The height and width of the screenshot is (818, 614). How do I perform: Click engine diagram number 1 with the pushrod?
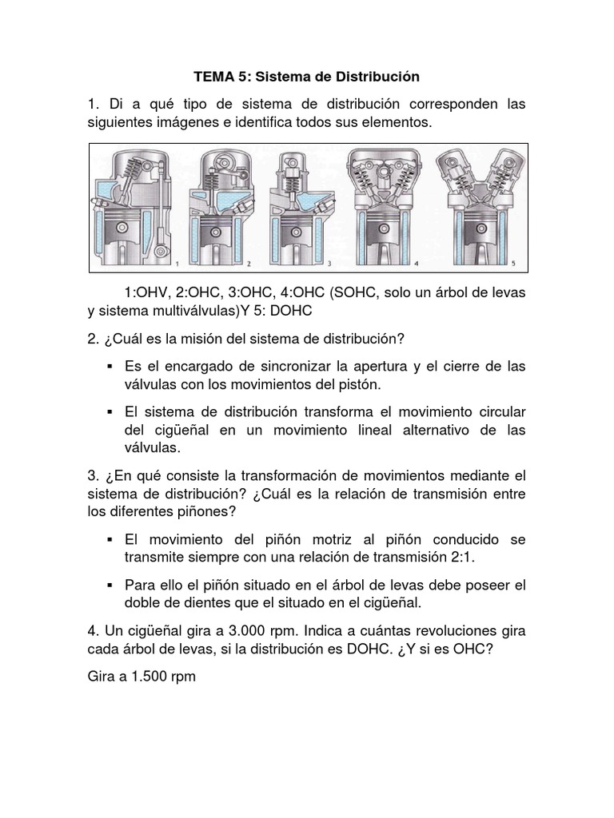(x=136, y=207)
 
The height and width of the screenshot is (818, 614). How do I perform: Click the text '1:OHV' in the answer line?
(x=148, y=292)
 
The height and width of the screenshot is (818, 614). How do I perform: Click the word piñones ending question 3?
(x=184, y=511)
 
